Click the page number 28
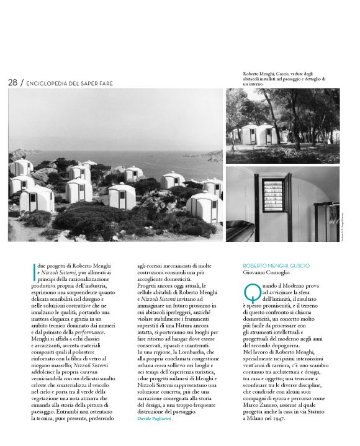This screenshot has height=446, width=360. click(12, 83)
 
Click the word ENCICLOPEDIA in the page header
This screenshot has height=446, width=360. click(49, 83)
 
